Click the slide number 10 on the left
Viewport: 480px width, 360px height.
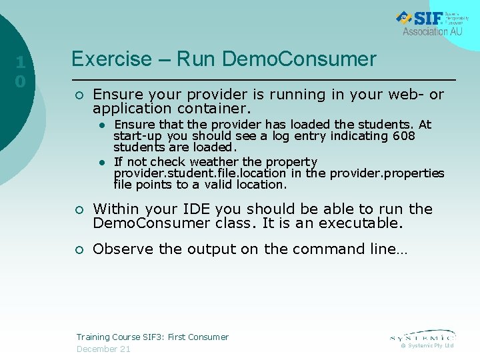[x=21, y=72]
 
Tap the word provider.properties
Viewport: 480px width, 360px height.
[x=387, y=173]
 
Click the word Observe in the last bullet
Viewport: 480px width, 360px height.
[x=118, y=249]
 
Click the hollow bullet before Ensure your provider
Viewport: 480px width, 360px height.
[x=79, y=95]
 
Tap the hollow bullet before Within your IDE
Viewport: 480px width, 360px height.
[x=79, y=210]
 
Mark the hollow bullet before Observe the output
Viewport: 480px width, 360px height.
[x=79, y=250]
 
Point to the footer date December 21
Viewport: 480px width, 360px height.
[x=103, y=349]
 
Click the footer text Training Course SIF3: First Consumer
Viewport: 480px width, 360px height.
[x=152, y=337]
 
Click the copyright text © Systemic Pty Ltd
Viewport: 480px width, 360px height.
[x=427, y=346]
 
